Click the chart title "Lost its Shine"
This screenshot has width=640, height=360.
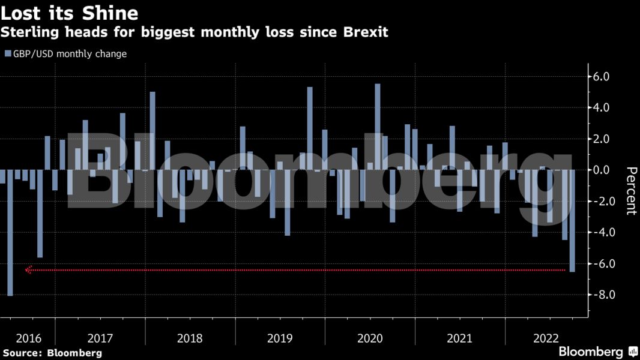click(69, 13)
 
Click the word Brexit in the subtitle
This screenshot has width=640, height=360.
click(363, 32)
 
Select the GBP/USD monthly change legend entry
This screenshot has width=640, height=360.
click(66, 53)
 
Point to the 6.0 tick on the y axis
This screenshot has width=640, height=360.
click(601, 77)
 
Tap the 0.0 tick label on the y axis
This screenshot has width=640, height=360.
click(601, 170)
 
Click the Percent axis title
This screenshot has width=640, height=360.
click(630, 191)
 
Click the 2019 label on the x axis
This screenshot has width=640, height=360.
click(280, 338)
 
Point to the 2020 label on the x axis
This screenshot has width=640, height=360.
click(370, 338)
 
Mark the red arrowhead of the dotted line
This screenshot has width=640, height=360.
click(28, 271)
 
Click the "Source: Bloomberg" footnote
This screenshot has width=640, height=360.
click(52, 353)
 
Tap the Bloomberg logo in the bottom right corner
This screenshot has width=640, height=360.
click(597, 352)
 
